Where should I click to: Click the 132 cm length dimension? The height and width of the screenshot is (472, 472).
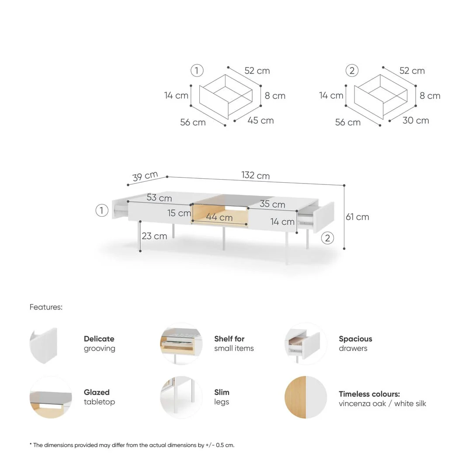[x=255, y=176]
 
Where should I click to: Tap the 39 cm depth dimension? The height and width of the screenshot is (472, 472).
[x=145, y=176]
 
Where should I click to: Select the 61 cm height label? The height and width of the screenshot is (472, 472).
[x=357, y=217]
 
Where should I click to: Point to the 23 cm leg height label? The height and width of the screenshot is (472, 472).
[x=154, y=236]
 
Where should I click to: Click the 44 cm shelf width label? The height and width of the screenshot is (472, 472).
[x=219, y=217]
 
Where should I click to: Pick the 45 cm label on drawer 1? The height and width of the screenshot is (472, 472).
[x=260, y=121]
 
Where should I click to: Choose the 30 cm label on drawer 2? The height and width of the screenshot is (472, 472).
[x=416, y=121]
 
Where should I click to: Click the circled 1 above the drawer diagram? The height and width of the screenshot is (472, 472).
[x=197, y=70]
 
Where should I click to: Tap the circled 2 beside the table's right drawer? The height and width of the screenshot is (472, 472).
[x=327, y=238]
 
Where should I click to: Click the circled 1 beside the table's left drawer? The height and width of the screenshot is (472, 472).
[x=102, y=211]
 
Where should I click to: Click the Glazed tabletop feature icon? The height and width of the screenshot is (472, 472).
[x=51, y=397]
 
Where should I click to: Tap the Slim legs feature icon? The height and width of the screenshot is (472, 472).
[x=181, y=397]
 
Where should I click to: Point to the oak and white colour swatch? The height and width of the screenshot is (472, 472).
[x=305, y=397]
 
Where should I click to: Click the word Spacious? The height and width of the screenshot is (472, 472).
[x=355, y=339]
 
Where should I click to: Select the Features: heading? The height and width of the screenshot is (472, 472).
[x=46, y=307]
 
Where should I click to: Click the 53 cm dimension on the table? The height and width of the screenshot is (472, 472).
[x=159, y=198]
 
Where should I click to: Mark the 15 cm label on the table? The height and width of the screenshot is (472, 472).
[x=179, y=213]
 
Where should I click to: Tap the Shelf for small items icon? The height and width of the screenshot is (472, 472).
[x=181, y=344]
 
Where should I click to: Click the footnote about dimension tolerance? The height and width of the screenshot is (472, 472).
[x=132, y=445]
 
